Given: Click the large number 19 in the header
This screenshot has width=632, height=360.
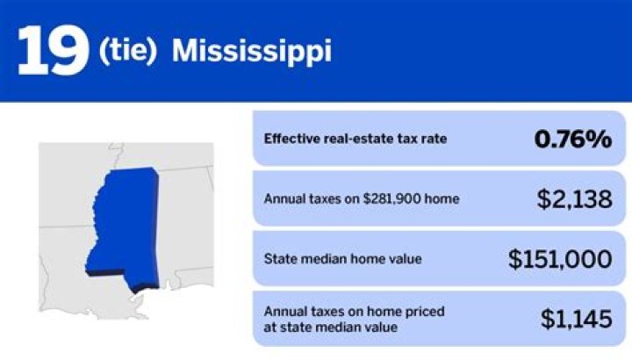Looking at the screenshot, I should (x=52, y=50).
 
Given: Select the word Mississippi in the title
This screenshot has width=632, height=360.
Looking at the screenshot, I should (x=251, y=52).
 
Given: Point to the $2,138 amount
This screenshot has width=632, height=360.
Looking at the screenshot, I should (x=574, y=199).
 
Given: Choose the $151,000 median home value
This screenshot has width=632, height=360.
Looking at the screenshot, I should (x=559, y=259).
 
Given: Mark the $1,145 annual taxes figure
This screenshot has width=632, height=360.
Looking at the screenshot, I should (x=575, y=319).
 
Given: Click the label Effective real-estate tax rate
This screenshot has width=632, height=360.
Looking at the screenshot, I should (x=349, y=139).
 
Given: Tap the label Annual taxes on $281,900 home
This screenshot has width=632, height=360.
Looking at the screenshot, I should (x=362, y=199).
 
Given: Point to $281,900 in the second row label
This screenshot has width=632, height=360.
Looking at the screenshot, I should (x=400, y=199).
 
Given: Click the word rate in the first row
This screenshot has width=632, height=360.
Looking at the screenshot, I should (x=422, y=139).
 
